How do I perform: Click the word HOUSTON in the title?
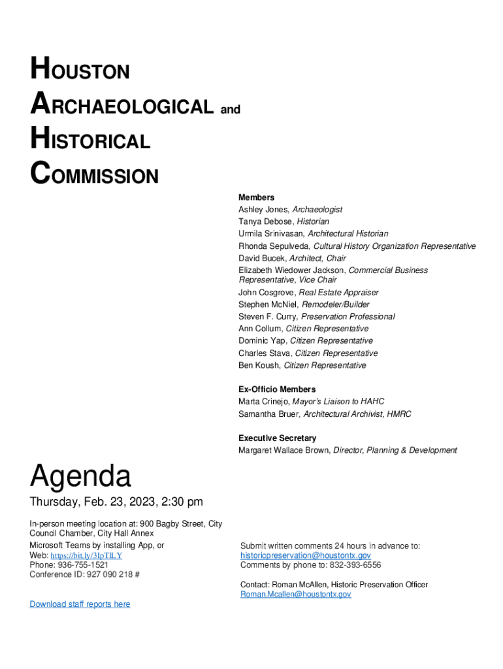[x=80, y=70]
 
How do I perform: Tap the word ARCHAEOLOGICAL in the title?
[x=122, y=106]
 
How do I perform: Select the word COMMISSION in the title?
[x=94, y=175]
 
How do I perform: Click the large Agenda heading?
[x=80, y=476]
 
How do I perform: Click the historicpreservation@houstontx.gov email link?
[x=305, y=555]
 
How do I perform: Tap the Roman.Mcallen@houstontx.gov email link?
[x=295, y=595]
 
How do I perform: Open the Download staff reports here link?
[x=80, y=604]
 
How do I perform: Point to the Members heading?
[x=256, y=197]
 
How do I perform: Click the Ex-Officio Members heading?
[x=277, y=389]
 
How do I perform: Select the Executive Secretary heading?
[x=277, y=438]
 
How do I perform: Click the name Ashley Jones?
[x=263, y=210]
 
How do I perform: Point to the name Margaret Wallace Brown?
[x=284, y=450]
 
